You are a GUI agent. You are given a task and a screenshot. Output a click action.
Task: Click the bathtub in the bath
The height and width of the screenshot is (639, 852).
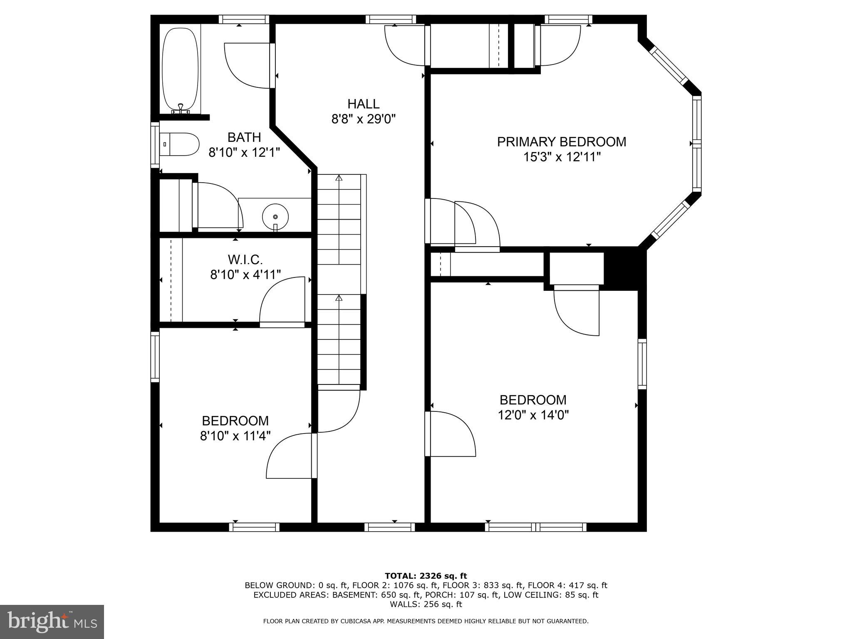(x=180, y=69)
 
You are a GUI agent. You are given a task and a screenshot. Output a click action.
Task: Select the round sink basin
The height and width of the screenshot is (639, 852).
(x=275, y=216)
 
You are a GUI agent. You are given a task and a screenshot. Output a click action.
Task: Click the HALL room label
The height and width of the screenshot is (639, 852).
(x=363, y=104)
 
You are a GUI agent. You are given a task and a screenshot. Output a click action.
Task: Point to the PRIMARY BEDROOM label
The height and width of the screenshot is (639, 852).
(x=561, y=142)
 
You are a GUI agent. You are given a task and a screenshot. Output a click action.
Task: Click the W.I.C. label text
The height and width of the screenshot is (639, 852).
(x=245, y=260)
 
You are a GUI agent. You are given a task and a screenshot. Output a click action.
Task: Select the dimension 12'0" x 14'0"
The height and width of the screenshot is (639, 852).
(x=533, y=415)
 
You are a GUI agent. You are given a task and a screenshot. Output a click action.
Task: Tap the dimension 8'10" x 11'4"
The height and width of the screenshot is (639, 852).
(x=235, y=436)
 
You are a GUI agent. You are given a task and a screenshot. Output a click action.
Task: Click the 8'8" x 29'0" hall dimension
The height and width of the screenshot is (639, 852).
(x=363, y=119)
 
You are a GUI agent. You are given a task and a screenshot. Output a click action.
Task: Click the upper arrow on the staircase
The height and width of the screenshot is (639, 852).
(x=339, y=178)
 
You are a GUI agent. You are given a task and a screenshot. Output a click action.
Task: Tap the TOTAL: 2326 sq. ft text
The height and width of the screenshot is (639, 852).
(x=426, y=576)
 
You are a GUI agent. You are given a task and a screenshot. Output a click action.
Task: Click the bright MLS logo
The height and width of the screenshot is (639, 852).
(x=52, y=622)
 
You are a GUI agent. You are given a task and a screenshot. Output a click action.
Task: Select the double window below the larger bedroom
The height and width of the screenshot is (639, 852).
(x=535, y=527)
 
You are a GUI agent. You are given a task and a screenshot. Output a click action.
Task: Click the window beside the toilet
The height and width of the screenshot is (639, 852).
(x=155, y=145)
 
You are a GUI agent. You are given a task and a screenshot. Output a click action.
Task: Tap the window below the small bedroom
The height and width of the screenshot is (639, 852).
(x=254, y=527)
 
